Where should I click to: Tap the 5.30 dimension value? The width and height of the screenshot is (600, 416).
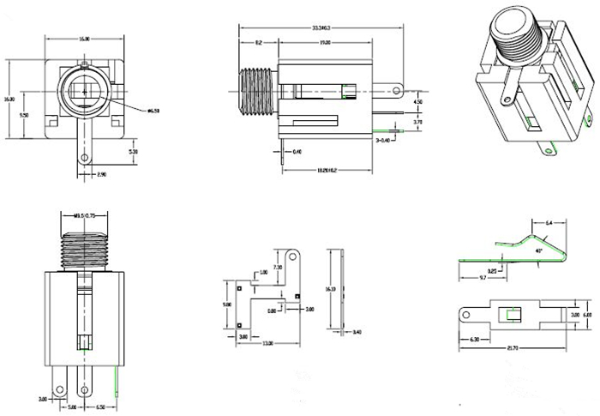tap(133, 151)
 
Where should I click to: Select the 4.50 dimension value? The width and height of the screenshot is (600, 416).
tap(417, 102)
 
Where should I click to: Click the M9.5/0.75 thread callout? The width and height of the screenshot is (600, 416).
tap(83, 215)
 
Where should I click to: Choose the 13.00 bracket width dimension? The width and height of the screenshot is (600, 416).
tap(267, 343)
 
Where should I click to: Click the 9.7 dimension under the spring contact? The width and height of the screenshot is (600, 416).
tap(483, 278)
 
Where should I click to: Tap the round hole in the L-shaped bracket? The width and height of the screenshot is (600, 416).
tap(293, 256)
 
